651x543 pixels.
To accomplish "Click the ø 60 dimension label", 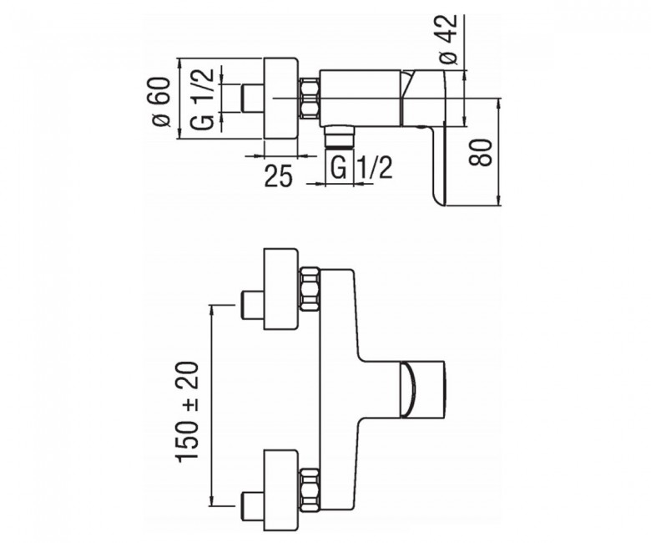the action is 162,101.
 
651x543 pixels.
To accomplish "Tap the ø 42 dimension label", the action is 448,39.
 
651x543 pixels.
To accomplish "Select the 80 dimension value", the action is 481,153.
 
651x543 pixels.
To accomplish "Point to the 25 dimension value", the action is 279,176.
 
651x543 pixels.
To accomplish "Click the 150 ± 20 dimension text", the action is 188,411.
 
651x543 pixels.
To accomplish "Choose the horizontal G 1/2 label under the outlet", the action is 361,167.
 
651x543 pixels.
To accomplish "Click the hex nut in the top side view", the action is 309,98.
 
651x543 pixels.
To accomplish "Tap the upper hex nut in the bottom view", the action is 310,290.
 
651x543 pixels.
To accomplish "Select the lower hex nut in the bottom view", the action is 310,490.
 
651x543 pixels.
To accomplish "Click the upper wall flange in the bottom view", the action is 281,289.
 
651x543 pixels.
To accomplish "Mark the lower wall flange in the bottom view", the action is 281,490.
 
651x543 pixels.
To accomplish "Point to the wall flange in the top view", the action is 281,98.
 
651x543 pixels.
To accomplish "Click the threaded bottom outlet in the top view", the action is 340,136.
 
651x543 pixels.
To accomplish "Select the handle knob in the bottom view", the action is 422,388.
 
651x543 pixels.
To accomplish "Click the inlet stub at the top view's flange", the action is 251,98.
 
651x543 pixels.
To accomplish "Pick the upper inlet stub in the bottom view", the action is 251,306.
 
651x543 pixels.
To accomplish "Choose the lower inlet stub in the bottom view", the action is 251,505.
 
